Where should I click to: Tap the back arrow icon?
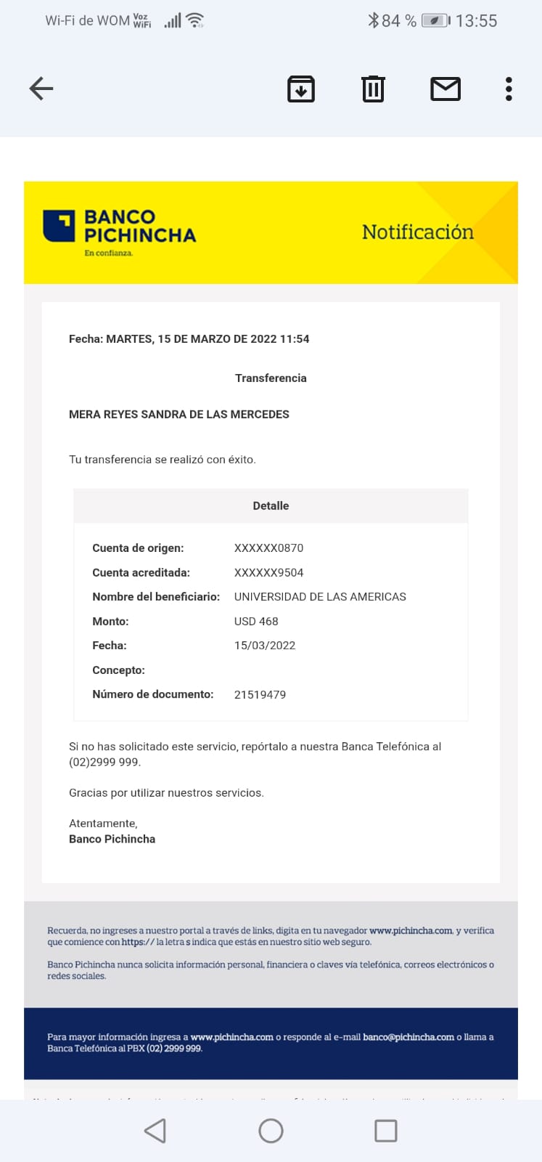tap(41, 89)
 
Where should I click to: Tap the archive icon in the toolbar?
tap(301, 89)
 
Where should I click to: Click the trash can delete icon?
tap(373, 89)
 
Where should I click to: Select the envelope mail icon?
tap(445, 89)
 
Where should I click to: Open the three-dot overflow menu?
tap(509, 89)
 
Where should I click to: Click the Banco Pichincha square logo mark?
tap(59, 226)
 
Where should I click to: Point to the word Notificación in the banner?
tap(417, 232)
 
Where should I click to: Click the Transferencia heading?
tap(271, 378)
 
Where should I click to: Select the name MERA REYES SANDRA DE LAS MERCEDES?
tap(178, 415)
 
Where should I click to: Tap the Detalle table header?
tap(271, 506)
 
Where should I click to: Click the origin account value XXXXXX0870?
tap(268, 548)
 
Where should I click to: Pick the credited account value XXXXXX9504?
tap(268, 573)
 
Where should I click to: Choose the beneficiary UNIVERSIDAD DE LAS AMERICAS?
tap(320, 597)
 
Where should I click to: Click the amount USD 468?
tap(256, 622)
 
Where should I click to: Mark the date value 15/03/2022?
tap(265, 646)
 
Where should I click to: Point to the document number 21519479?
tap(260, 695)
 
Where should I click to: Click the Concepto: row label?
tap(118, 670)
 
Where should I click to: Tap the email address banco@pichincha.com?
tap(408, 1037)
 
